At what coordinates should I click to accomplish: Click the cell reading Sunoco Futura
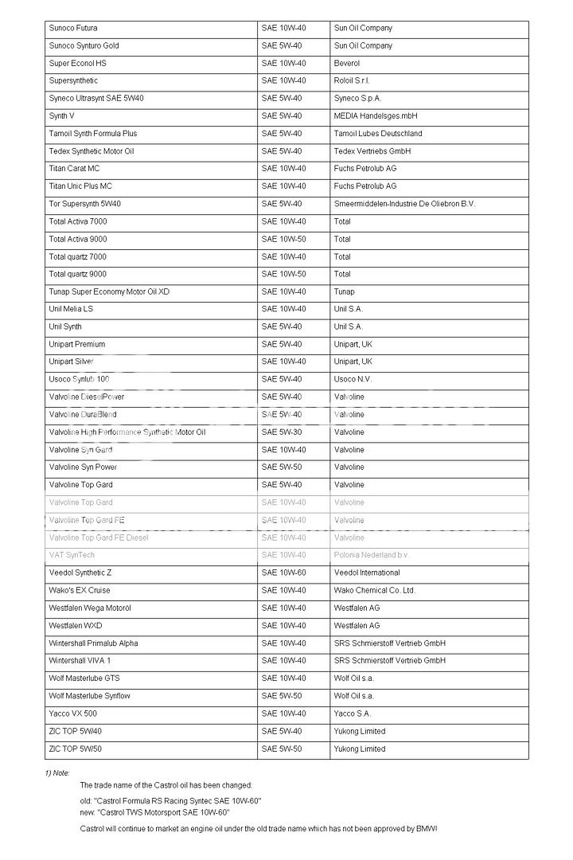(x=73, y=29)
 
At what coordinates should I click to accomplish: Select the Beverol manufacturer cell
(x=347, y=64)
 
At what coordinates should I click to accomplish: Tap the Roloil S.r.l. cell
(x=352, y=81)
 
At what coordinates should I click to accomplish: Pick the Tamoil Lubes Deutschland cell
(x=378, y=134)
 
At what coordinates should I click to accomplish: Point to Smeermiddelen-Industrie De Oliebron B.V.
(x=404, y=204)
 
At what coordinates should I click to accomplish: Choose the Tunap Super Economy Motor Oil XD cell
(x=109, y=292)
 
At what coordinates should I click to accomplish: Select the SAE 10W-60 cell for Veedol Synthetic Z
(x=283, y=573)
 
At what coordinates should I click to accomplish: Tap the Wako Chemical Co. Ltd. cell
(x=375, y=591)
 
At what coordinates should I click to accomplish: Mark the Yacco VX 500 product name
(x=73, y=713)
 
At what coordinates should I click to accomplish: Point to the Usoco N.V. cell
(x=353, y=380)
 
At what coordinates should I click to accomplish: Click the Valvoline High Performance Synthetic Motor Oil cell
(x=127, y=432)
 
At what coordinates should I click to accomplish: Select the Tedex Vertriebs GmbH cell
(x=372, y=151)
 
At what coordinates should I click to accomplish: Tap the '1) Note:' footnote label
(x=57, y=773)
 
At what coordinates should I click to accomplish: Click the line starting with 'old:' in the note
(x=171, y=800)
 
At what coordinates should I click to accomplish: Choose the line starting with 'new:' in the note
(x=155, y=812)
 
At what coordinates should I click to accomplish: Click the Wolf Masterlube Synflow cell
(x=90, y=696)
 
